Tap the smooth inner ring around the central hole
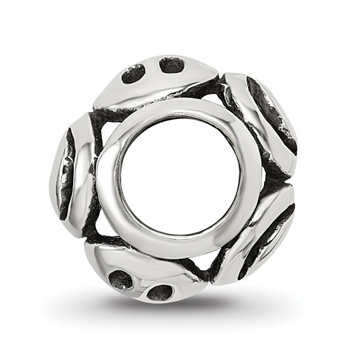click(x=180, y=109)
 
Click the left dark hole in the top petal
click(x=134, y=74)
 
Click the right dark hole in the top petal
click(x=171, y=64)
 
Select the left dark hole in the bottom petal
click(x=120, y=279)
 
